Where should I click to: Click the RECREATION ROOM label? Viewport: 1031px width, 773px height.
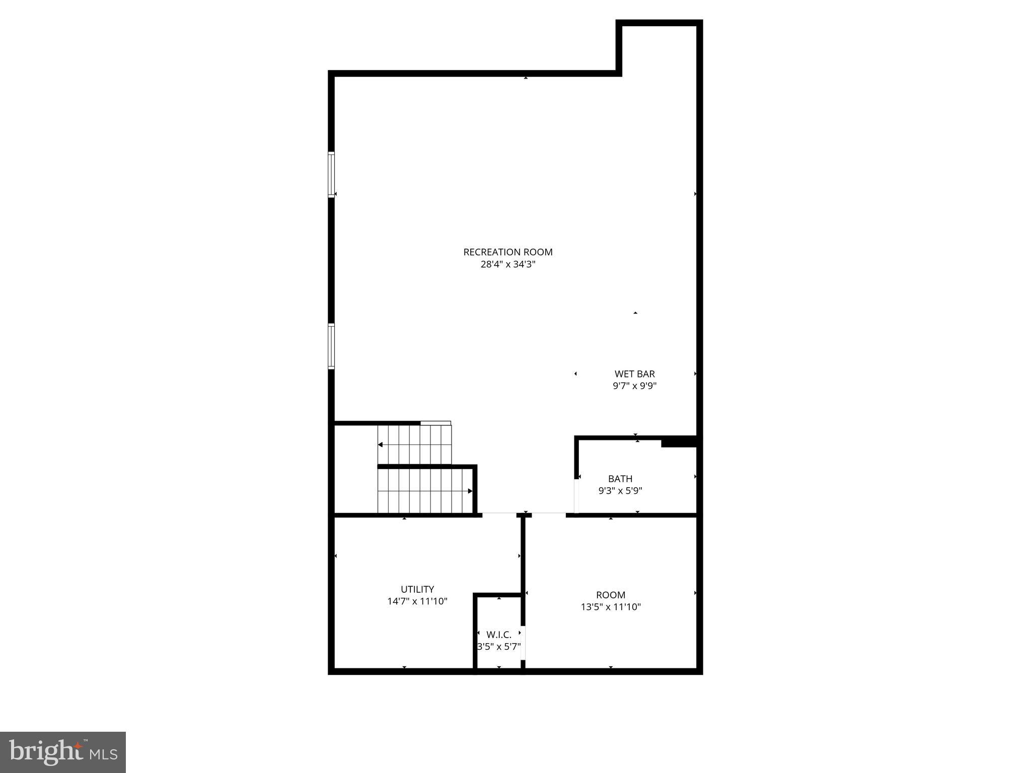tap(507, 252)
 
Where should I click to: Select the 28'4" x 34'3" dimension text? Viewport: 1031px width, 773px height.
tap(507, 265)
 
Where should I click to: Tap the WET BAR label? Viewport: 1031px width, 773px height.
tap(634, 374)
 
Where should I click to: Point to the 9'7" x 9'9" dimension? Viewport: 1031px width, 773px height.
tap(634, 386)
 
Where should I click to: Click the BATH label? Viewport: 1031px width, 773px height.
tap(620, 479)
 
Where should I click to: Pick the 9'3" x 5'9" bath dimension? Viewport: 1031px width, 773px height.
tap(620, 491)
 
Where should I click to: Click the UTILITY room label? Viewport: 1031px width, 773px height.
tap(417, 589)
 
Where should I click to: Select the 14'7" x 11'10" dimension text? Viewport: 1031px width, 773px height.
tap(417, 601)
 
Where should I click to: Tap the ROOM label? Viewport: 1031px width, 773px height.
tap(611, 595)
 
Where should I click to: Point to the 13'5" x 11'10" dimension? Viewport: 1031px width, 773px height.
tap(611, 607)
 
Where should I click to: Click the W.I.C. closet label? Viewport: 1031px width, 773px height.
tap(499, 635)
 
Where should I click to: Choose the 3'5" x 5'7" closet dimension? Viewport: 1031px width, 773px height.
tap(499, 647)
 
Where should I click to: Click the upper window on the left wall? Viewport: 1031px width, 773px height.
tap(331, 175)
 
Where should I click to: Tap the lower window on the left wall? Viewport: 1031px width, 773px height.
tap(331, 346)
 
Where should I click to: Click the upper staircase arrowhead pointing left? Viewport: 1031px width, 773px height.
tap(381, 445)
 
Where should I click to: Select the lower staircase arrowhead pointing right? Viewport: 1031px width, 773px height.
tap(470, 491)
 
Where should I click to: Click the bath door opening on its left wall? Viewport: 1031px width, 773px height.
tap(576, 496)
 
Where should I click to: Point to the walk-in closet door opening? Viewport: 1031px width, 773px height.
tap(523, 643)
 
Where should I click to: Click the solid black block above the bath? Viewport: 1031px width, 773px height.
tap(679, 442)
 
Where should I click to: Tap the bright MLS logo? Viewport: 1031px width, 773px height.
tap(63, 752)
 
